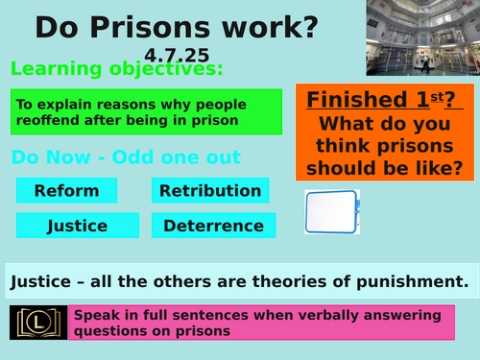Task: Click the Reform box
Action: pyautogui.click(x=66, y=190)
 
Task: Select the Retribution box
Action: pyautogui.click(x=210, y=190)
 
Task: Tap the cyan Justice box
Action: pyautogui.click(x=66, y=227)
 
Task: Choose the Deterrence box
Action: pyautogui.click(x=213, y=227)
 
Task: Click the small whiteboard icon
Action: pyautogui.click(x=331, y=212)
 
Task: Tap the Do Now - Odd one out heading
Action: pyautogui.click(x=125, y=157)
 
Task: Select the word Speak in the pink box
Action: pyautogui.click(x=99, y=315)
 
